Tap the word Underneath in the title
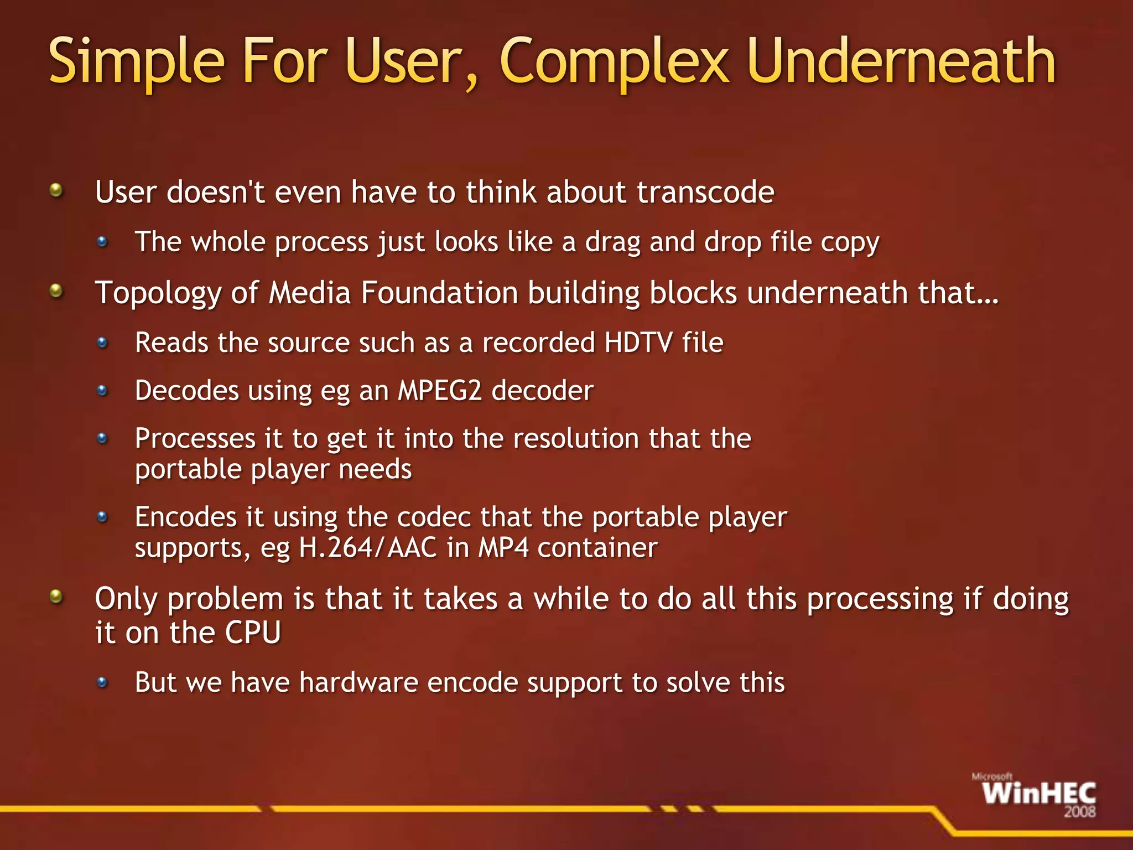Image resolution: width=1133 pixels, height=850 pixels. tap(901, 61)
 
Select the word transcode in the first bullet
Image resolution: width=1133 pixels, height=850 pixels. tap(705, 193)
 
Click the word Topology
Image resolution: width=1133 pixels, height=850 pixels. tap(158, 293)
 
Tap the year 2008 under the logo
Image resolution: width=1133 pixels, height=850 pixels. tap(1079, 812)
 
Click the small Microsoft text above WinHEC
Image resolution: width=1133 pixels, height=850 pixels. tap(992, 777)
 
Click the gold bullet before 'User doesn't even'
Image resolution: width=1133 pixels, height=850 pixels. tap(56, 191)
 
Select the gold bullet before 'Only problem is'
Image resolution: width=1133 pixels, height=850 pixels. tap(56, 597)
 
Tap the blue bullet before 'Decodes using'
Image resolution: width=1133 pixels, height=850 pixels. tap(102, 391)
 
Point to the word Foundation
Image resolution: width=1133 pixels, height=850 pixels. tap(439, 293)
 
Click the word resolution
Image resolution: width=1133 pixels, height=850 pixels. tap(575, 439)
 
